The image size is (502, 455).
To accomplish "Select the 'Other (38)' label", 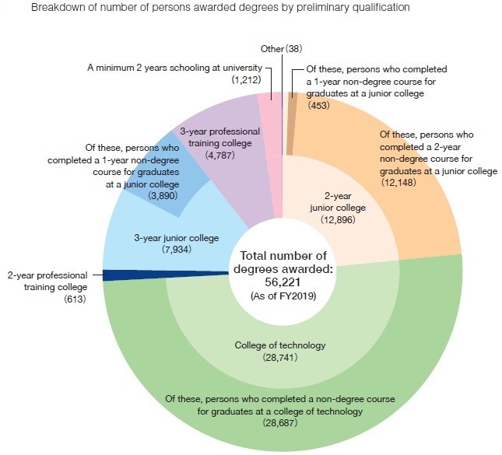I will [281, 48].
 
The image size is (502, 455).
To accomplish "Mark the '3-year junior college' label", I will [177, 237].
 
